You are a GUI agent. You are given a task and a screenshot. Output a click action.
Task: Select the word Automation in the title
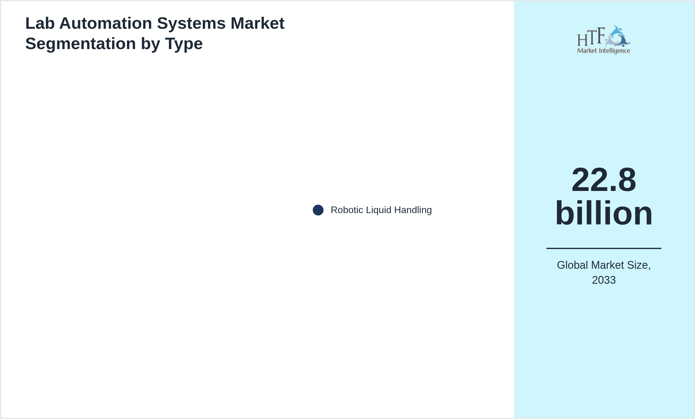(106, 23)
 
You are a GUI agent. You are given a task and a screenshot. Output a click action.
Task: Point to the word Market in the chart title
(257, 23)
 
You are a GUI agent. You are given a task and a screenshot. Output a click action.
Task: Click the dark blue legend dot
(318, 210)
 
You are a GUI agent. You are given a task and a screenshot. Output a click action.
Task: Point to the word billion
(604, 213)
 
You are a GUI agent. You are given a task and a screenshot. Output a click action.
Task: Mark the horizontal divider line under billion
(604, 248)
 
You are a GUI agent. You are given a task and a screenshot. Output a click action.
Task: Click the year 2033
(604, 280)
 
